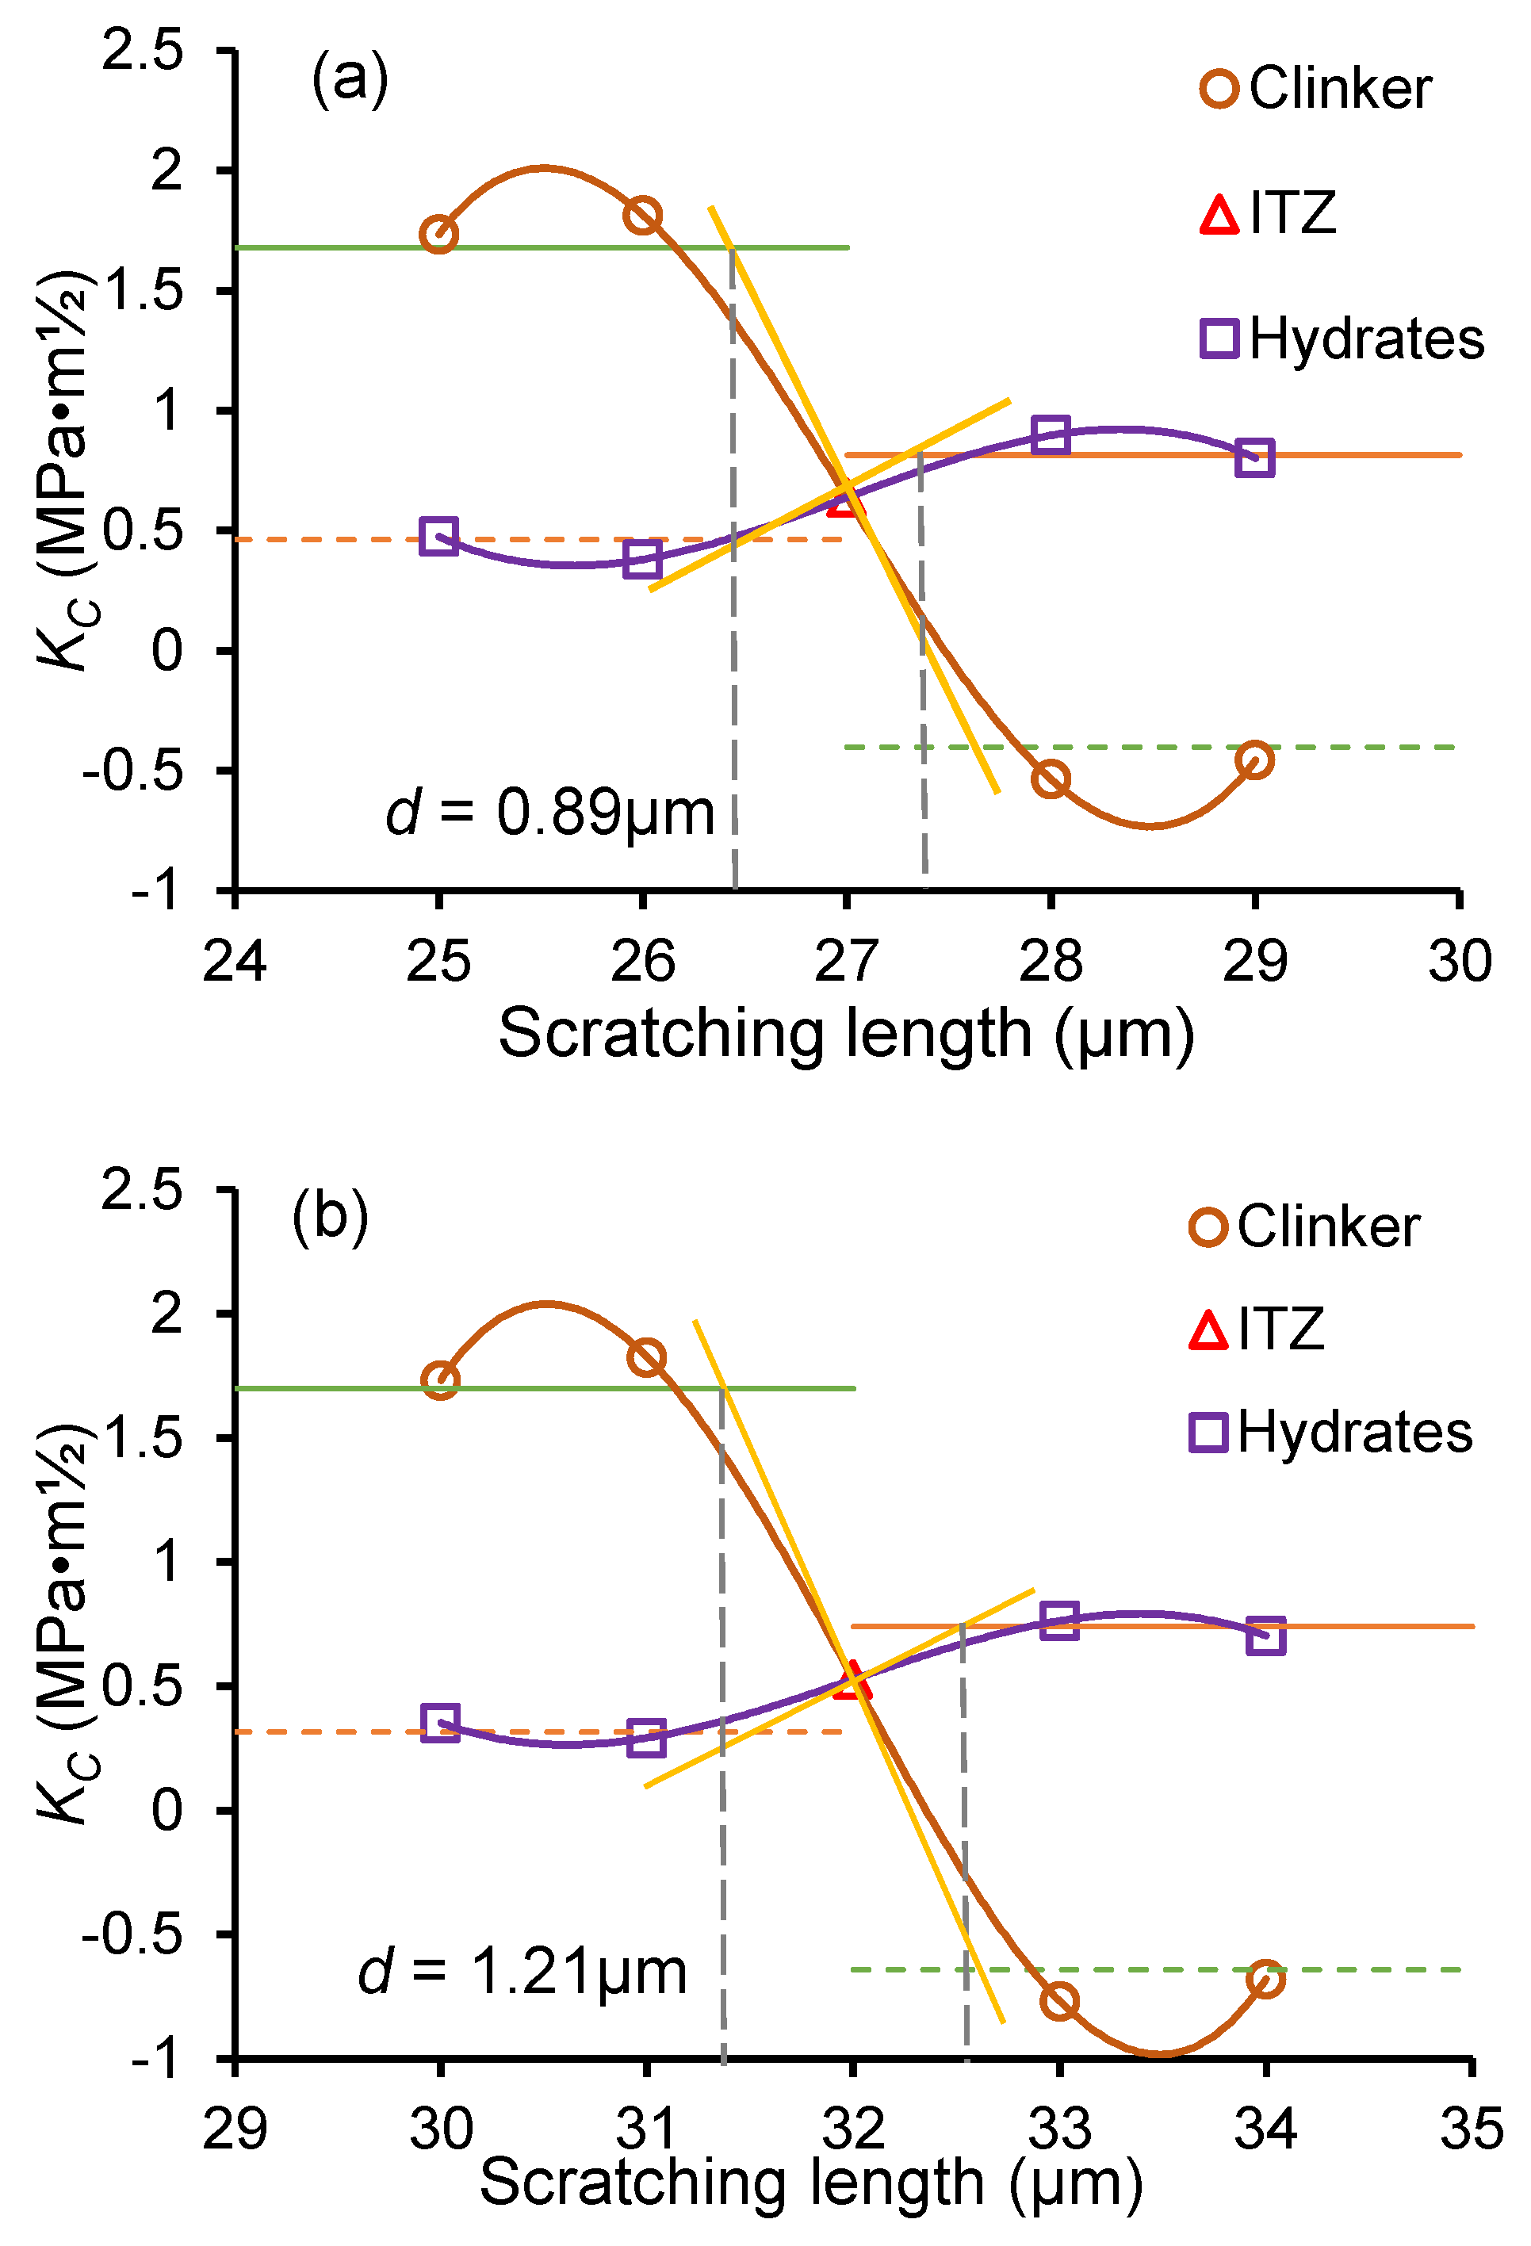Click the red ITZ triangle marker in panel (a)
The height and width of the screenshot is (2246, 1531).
[843, 500]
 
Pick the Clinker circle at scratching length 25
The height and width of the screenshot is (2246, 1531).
[438, 234]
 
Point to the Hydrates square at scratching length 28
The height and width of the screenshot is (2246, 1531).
[1051, 435]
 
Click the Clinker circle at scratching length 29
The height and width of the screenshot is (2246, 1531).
[1254, 760]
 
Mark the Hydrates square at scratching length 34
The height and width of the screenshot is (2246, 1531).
[1266, 1636]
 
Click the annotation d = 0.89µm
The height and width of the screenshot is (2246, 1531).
[549, 813]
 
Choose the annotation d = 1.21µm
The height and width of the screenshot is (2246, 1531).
[522, 1972]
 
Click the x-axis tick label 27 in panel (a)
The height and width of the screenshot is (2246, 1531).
[846, 962]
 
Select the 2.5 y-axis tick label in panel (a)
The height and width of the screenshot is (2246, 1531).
[142, 50]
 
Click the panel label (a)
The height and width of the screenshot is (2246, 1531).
[350, 79]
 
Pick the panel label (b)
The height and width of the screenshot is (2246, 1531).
[331, 1217]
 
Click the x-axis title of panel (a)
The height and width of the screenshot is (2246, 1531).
[846, 1034]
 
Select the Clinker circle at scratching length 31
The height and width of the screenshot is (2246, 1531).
[645, 1358]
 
